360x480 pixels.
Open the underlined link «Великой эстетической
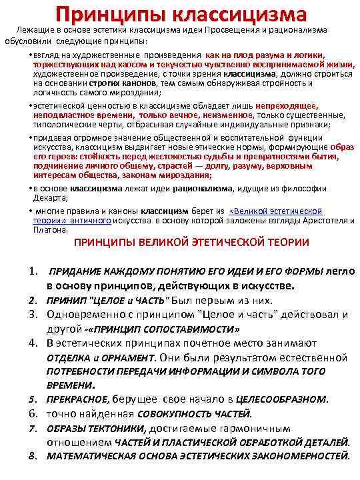[x=275, y=211]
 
